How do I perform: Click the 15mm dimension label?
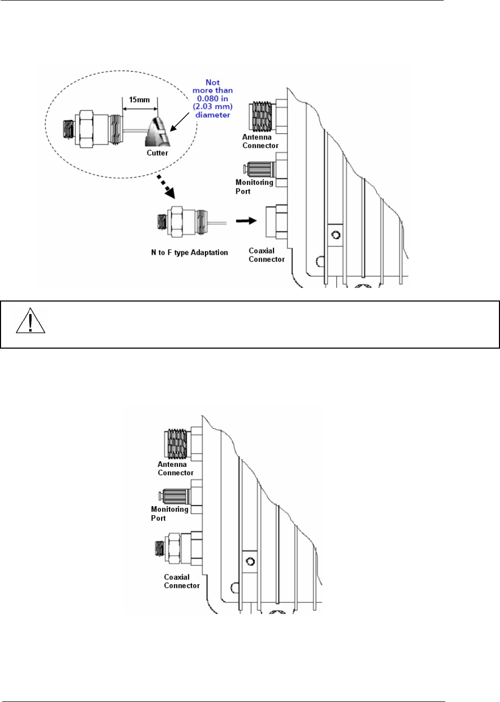[x=139, y=99]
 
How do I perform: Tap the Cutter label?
[x=157, y=153]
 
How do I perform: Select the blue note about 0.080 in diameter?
[x=212, y=98]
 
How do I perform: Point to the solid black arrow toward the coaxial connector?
[x=246, y=221]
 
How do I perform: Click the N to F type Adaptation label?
[x=189, y=252]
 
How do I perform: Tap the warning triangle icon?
[x=30, y=321]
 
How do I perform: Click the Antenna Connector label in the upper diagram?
[x=260, y=141]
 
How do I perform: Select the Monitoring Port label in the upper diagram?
[x=254, y=187]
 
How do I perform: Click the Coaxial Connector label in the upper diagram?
[x=266, y=255]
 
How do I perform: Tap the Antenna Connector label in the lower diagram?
[x=175, y=469]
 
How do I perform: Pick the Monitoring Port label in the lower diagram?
[x=169, y=514]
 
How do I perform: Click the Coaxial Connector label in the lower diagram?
[x=181, y=581]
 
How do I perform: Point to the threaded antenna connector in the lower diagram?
[x=177, y=444]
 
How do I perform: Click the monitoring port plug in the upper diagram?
[x=260, y=169]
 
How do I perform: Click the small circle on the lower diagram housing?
[x=251, y=562]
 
